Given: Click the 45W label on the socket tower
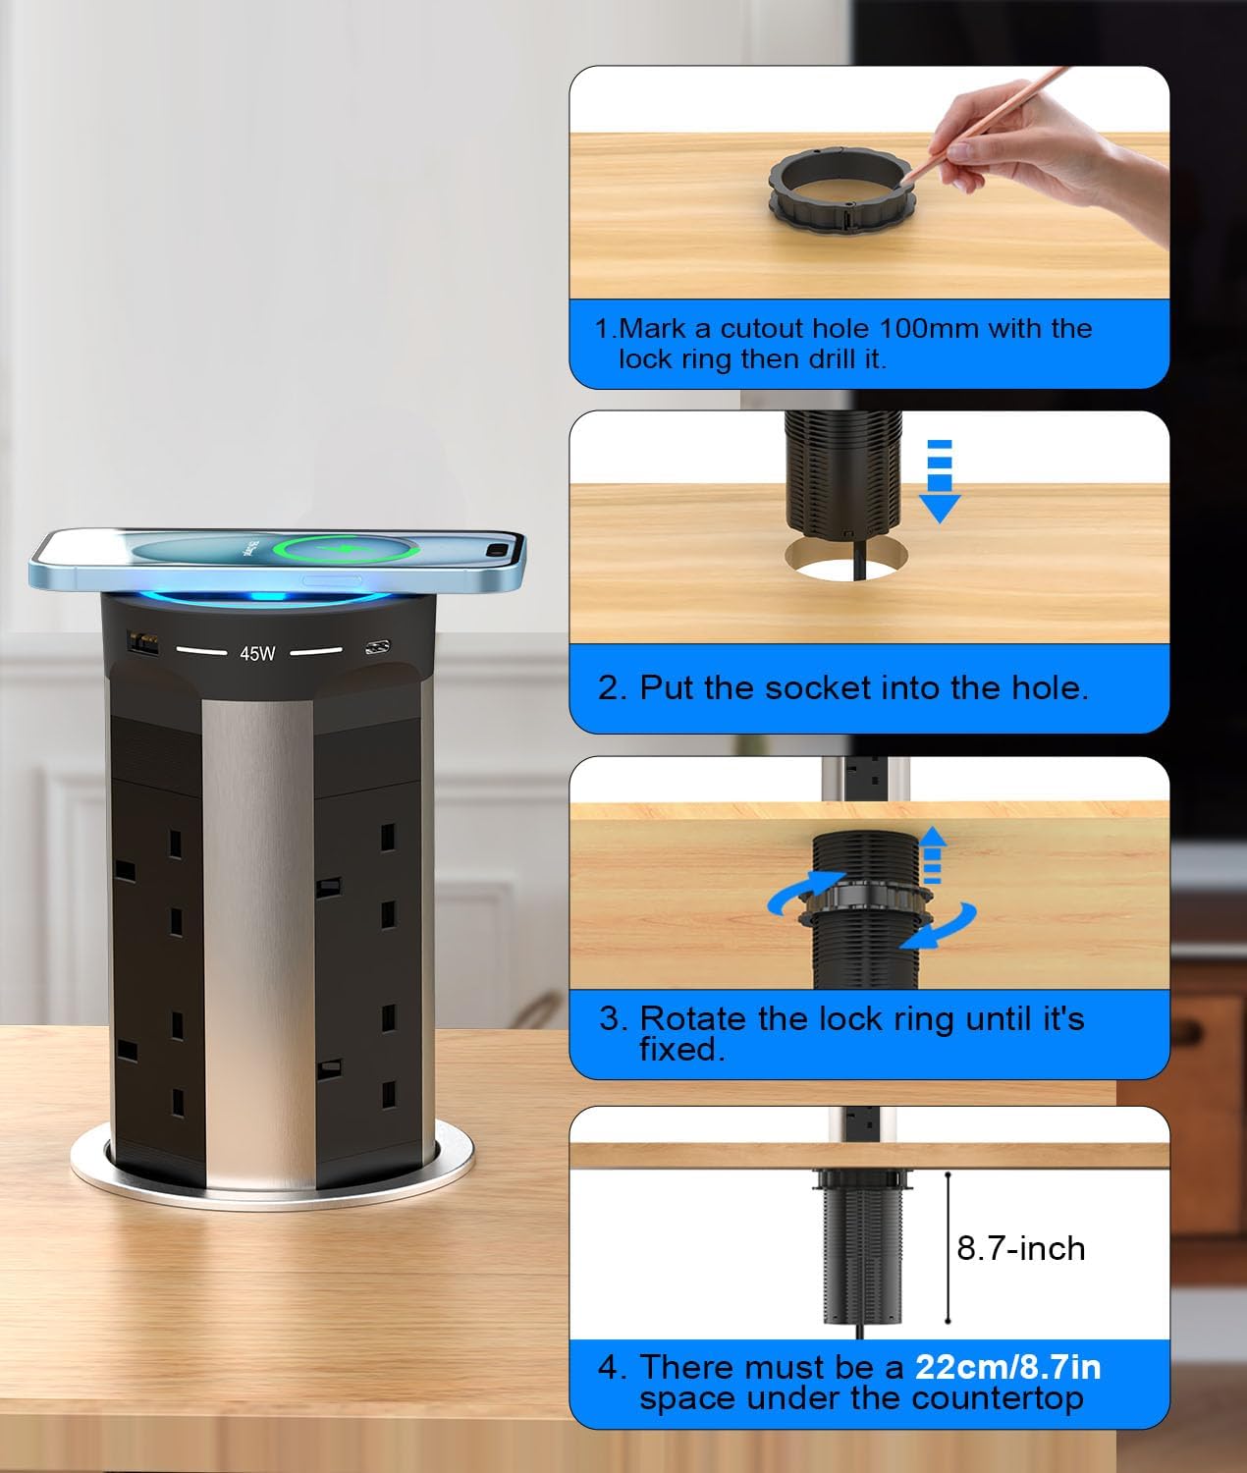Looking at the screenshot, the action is [257, 653].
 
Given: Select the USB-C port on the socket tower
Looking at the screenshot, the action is [377, 648].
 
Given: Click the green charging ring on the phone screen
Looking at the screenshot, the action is [348, 549].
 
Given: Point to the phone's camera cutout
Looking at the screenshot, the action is [502, 550].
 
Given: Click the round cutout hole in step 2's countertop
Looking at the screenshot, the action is [846, 557].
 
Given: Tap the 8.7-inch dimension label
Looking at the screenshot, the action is [1020, 1248].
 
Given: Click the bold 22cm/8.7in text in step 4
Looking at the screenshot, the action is [1007, 1367].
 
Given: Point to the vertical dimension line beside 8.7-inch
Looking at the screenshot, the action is [948, 1247].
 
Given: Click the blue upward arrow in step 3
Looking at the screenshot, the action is [932, 856].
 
